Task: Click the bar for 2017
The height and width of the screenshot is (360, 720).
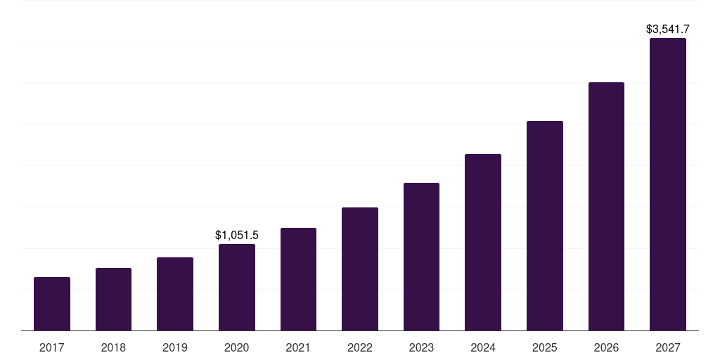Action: [52, 304]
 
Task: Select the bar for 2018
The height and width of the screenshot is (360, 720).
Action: [113, 299]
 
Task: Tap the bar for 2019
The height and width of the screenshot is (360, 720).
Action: [175, 294]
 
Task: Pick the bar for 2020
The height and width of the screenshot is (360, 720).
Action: [237, 287]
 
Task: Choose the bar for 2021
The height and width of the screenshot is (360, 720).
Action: [298, 279]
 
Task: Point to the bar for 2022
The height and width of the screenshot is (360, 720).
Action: [360, 269]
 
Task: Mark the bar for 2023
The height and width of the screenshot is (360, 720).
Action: [421, 257]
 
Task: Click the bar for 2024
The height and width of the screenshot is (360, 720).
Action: [483, 242]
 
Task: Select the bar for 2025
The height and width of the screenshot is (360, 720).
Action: [545, 226]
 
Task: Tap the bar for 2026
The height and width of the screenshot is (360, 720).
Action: [606, 206]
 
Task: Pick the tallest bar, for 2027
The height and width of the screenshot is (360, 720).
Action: [668, 184]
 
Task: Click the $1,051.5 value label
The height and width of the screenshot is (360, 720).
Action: [237, 236]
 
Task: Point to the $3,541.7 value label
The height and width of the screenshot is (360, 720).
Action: [668, 30]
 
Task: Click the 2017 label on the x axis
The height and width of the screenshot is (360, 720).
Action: [52, 347]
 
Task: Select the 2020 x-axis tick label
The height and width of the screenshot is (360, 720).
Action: [237, 347]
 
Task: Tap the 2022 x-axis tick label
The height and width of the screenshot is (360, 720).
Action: [360, 347]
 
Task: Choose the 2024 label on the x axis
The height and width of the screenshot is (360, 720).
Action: [483, 347]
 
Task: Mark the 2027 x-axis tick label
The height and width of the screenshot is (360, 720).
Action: [668, 347]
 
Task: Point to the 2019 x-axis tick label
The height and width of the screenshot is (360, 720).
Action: [175, 347]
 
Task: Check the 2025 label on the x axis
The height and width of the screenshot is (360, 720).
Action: [545, 347]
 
